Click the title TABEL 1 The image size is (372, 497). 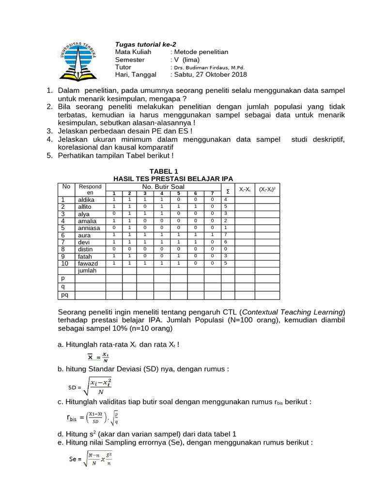(x=164, y=171)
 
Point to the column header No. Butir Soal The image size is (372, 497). (x=163, y=186)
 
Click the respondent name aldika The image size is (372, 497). (x=86, y=199)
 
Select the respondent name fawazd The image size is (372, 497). (x=88, y=263)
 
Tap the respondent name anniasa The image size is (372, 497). (x=89, y=228)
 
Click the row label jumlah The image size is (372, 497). (x=87, y=270)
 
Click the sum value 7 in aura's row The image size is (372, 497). (x=225, y=235)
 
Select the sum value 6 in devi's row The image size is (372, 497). (x=225, y=242)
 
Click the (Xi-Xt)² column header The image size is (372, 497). (x=267, y=189)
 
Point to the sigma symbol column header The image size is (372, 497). (x=228, y=191)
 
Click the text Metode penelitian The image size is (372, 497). (x=201, y=52)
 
